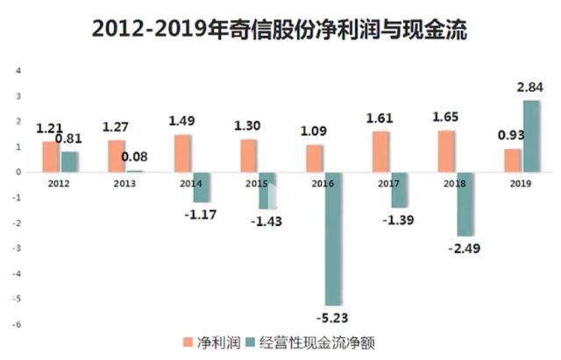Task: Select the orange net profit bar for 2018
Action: [448, 152]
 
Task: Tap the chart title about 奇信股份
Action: [280, 30]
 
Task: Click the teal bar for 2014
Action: [201, 187]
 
